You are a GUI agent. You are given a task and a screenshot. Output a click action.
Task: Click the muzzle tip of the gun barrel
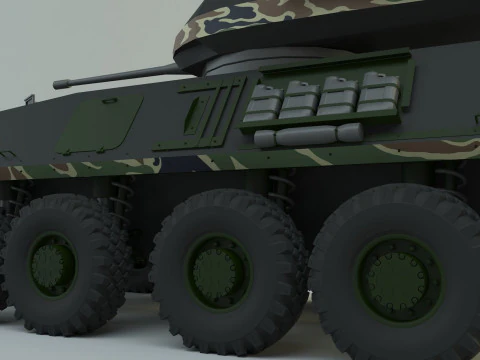(56, 83)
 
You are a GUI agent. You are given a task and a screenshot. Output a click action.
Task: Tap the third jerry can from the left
(338, 94)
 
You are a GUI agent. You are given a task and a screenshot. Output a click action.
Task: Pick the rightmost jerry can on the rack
(379, 91)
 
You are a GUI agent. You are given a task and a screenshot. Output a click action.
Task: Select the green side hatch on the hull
(100, 124)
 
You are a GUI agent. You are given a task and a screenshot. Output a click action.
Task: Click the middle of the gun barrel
(120, 74)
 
